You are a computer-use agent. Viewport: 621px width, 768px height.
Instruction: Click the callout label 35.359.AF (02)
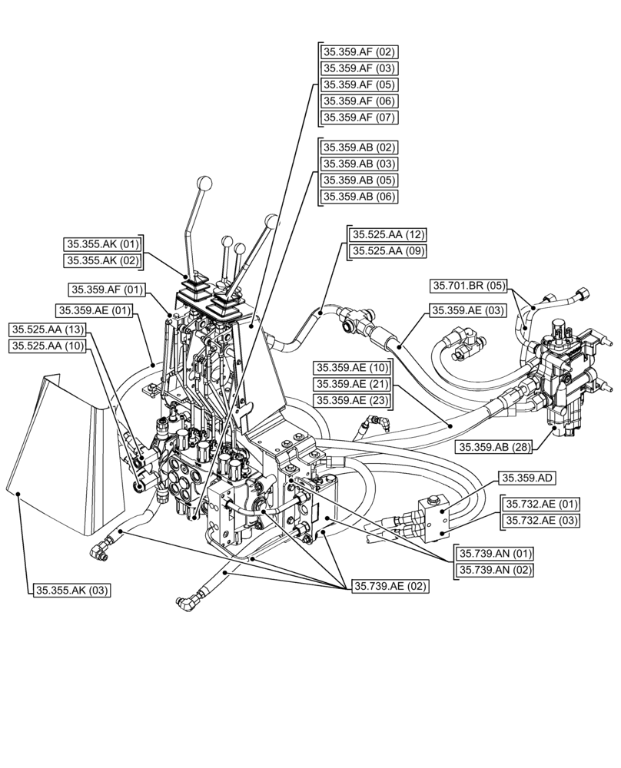[358, 53]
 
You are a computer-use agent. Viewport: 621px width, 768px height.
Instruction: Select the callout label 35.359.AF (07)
[358, 118]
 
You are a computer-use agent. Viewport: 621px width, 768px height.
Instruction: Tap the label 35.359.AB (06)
[358, 197]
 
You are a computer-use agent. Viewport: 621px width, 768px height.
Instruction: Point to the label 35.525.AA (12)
[388, 234]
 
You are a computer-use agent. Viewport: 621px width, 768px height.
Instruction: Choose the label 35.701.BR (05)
[468, 286]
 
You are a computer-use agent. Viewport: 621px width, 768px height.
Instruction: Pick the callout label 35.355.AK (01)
[104, 244]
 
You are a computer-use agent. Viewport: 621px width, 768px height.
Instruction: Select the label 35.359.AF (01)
[107, 290]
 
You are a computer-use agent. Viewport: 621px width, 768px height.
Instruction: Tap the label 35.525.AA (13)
[48, 329]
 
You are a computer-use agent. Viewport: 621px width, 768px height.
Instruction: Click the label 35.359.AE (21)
[351, 383]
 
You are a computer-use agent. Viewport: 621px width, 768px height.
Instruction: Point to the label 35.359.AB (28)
[495, 447]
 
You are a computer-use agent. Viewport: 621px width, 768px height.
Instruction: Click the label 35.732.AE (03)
[541, 521]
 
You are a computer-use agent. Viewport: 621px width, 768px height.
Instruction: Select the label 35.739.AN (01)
[495, 553]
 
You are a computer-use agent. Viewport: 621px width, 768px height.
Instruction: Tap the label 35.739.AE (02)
[390, 586]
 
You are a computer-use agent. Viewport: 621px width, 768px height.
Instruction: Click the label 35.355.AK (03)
[72, 591]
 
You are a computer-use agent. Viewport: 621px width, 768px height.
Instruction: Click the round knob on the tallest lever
[205, 184]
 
